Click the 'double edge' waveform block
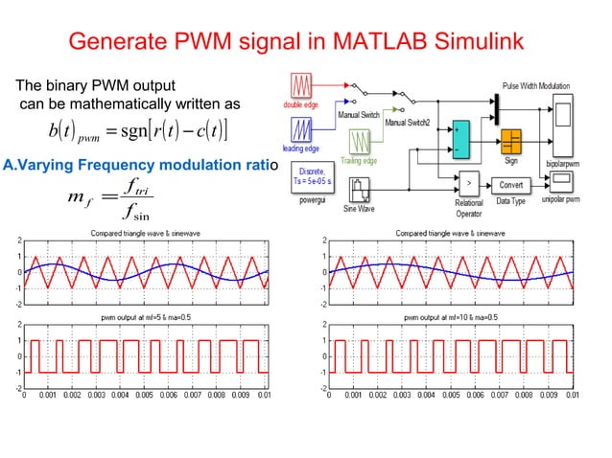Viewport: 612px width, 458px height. [x=304, y=82]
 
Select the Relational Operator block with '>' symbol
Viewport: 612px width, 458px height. [x=468, y=183]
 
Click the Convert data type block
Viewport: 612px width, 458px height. [x=516, y=183]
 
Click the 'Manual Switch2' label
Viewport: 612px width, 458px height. [x=409, y=122]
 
